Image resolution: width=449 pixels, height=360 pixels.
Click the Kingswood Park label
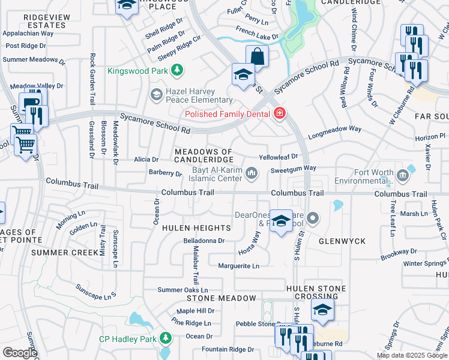(x=138, y=71)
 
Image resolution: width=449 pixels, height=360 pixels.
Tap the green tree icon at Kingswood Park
(x=177, y=71)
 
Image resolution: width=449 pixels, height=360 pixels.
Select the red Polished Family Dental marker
(x=279, y=113)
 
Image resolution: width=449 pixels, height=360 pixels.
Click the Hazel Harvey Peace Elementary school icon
(x=156, y=94)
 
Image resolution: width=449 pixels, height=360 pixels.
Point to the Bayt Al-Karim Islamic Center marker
(x=252, y=174)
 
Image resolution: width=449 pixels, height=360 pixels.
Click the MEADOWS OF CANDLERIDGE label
(x=203, y=155)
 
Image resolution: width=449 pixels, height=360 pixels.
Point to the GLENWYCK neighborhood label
(x=343, y=241)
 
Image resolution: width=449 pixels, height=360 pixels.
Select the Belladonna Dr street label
(x=203, y=241)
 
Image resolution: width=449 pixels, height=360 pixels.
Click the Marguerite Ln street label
(x=238, y=266)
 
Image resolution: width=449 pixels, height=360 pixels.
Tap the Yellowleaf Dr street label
(x=278, y=157)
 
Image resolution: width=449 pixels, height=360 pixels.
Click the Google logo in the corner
(x=20, y=353)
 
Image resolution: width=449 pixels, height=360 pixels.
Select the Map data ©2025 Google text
(x=412, y=355)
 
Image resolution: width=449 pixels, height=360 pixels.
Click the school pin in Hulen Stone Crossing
(x=322, y=311)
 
